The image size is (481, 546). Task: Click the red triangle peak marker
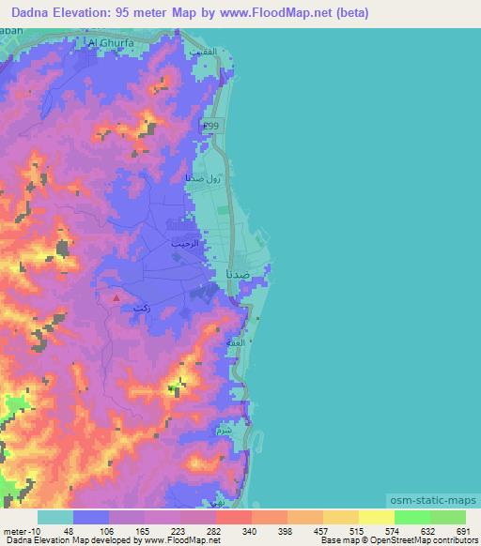coord(116,298)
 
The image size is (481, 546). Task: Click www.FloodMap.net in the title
coord(283,13)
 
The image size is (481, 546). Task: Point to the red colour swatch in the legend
coord(235,517)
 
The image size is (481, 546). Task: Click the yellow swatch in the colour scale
coord(376,517)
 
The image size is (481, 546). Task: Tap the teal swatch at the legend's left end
coord(55,517)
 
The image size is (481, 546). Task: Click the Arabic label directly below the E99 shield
coord(202,177)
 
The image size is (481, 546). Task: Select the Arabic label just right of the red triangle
coord(143,308)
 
